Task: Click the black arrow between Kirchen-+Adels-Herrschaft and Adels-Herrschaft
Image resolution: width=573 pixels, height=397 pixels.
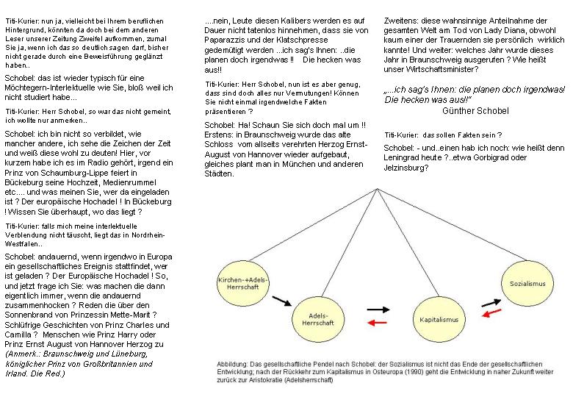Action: [x=281, y=300]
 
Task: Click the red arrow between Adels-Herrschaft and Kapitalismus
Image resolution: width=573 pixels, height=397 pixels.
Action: [x=378, y=323]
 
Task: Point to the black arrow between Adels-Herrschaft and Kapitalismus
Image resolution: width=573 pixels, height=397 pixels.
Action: [x=378, y=310]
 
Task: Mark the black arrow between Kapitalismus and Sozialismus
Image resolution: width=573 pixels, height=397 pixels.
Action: [x=491, y=301]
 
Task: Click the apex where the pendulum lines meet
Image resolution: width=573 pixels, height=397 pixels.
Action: [x=380, y=185]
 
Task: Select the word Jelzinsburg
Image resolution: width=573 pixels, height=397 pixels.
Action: [x=406, y=168]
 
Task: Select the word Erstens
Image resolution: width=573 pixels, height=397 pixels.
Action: [x=221, y=135]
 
